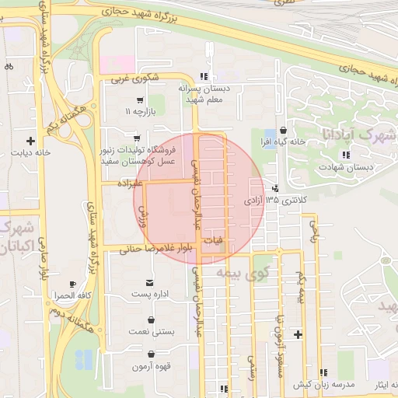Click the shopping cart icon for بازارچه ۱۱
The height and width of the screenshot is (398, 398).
tap(139, 100)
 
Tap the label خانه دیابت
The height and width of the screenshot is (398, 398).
tap(30, 153)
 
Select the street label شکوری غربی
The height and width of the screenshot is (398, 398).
tap(134, 78)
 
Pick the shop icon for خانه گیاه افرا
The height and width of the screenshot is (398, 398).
tap(283, 130)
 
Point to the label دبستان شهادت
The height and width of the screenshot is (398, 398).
tap(347, 166)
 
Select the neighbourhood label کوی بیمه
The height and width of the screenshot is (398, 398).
tap(234, 274)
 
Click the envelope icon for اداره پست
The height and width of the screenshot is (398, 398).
tap(149, 281)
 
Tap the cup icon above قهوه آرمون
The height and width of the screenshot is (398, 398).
tap(150, 353)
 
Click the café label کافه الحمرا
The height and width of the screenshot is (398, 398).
tap(73, 296)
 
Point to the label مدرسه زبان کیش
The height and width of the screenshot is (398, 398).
tap(323, 385)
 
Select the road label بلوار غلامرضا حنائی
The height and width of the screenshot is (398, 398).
tap(155, 249)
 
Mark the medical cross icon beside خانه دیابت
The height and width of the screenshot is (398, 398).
tap(30, 141)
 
